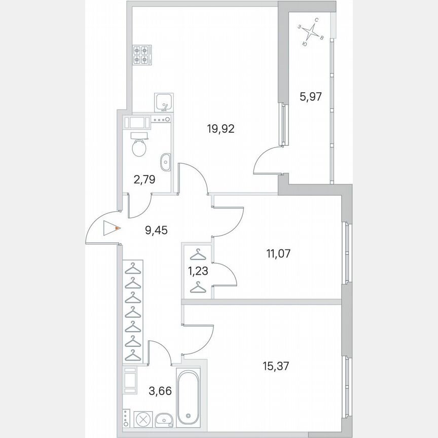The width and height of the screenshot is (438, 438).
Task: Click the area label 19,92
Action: [x=220, y=129]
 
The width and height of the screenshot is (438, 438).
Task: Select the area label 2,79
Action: [x=144, y=179]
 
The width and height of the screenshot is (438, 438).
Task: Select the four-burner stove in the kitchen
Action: [x=140, y=55]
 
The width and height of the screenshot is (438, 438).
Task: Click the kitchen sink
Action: [x=164, y=101]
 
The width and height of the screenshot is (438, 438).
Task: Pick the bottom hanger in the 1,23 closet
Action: [x=198, y=288]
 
